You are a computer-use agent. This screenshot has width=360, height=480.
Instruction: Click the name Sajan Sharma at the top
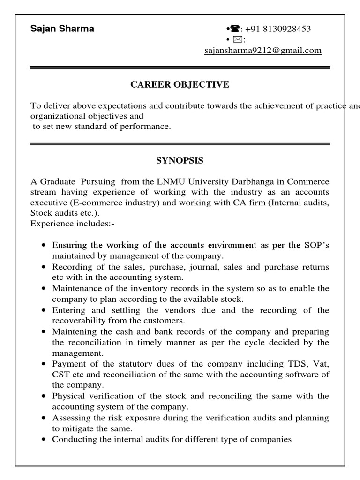[x=62, y=29]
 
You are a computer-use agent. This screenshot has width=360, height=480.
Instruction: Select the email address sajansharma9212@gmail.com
[x=263, y=51]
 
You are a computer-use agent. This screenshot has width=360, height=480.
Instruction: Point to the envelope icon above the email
[x=231, y=40]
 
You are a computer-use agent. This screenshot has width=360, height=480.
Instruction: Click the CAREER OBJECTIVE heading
[x=180, y=85]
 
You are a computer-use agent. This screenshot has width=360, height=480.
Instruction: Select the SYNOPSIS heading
[x=180, y=161]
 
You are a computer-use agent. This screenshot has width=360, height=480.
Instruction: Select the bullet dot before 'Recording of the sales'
[x=43, y=267]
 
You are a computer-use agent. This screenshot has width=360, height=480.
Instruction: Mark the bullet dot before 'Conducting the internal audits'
[x=43, y=440]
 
